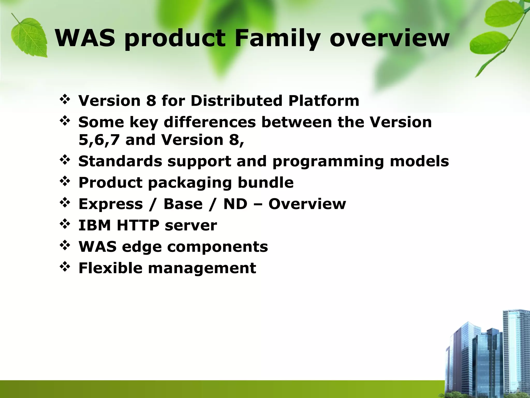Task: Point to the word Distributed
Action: [x=236, y=101]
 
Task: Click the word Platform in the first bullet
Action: [x=324, y=101]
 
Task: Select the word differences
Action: [x=210, y=122]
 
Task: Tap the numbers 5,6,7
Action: [x=99, y=140]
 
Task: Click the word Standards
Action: [x=120, y=161]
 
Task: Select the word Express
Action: [x=111, y=204]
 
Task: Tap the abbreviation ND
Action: [x=235, y=204]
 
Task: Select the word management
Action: [x=202, y=268]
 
